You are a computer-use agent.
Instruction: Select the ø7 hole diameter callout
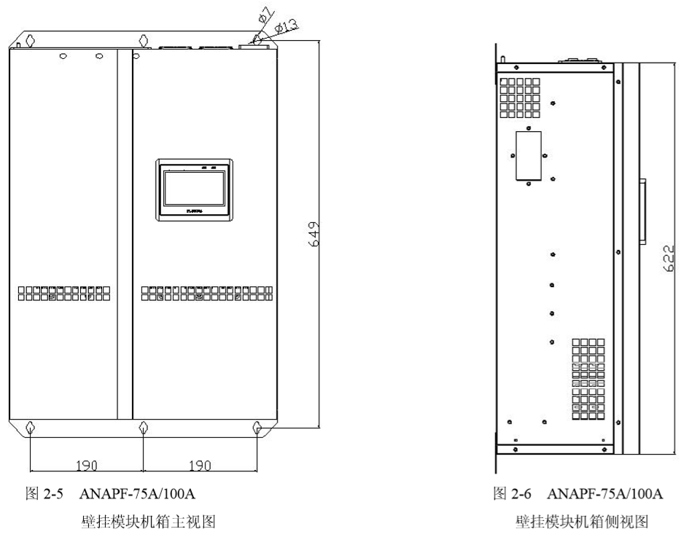click(264, 14)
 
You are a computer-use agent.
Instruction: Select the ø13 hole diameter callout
click(287, 26)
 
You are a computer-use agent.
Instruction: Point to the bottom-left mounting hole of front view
click(29, 427)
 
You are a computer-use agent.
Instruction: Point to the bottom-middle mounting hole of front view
click(144, 427)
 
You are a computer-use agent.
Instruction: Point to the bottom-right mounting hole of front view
click(257, 427)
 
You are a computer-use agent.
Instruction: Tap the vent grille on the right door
click(207, 293)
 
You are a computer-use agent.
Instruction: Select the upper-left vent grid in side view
click(520, 98)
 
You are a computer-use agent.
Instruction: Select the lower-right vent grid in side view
click(588, 380)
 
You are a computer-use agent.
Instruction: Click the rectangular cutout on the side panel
click(529, 155)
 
